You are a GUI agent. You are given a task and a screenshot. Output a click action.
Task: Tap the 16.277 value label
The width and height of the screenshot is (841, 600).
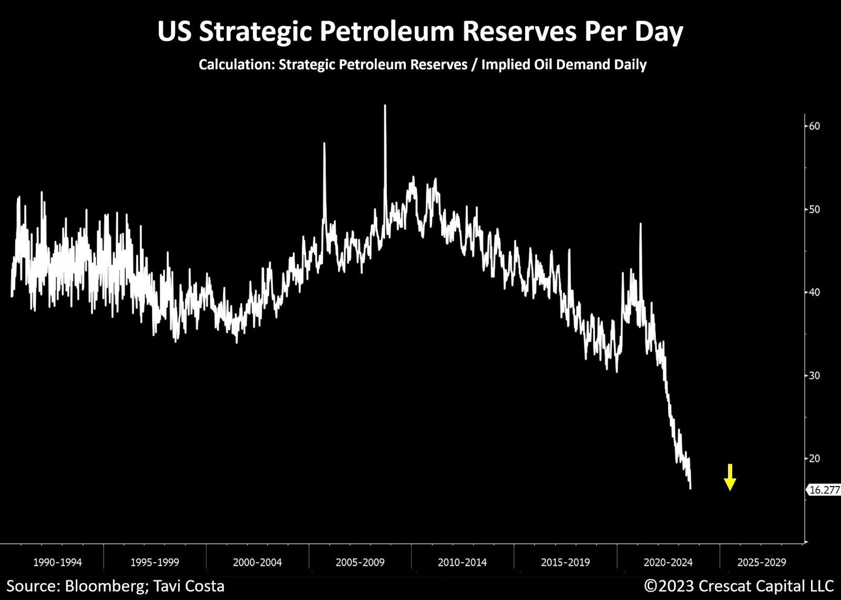(824, 490)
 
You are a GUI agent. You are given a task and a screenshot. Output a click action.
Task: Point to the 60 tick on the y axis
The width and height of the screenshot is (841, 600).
(814, 126)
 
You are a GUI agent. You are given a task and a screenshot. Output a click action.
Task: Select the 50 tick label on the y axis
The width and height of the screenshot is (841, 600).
(814, 209)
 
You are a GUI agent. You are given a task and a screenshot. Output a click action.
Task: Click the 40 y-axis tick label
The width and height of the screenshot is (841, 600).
(814, 292)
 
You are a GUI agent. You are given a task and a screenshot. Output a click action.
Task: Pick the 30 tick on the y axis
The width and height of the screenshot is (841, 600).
(814, 375)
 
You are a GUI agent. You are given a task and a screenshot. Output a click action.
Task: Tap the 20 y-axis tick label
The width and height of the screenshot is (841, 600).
(814, 458)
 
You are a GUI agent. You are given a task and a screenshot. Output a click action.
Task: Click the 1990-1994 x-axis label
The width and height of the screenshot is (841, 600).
(57, 562)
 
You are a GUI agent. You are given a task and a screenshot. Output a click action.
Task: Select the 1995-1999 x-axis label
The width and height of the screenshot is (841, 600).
(155, 562)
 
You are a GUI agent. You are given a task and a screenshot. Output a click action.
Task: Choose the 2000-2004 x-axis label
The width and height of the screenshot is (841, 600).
(257, 562)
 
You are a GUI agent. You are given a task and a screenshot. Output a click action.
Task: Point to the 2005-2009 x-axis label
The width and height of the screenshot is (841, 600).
(360, 562)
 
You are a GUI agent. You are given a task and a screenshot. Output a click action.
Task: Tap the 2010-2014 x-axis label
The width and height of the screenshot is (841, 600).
(463, 562)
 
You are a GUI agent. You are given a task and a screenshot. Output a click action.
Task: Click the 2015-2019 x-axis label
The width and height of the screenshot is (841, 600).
(566, 562)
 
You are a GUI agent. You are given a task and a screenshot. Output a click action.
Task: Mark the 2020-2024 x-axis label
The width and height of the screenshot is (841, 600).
(668, 562)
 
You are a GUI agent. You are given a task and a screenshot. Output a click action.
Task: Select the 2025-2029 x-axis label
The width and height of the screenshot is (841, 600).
(762, 562)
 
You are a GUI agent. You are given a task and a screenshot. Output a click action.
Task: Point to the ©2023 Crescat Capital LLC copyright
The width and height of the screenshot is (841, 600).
(739, 586)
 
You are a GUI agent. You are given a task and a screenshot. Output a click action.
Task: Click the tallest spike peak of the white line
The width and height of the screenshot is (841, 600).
(385, 106)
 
